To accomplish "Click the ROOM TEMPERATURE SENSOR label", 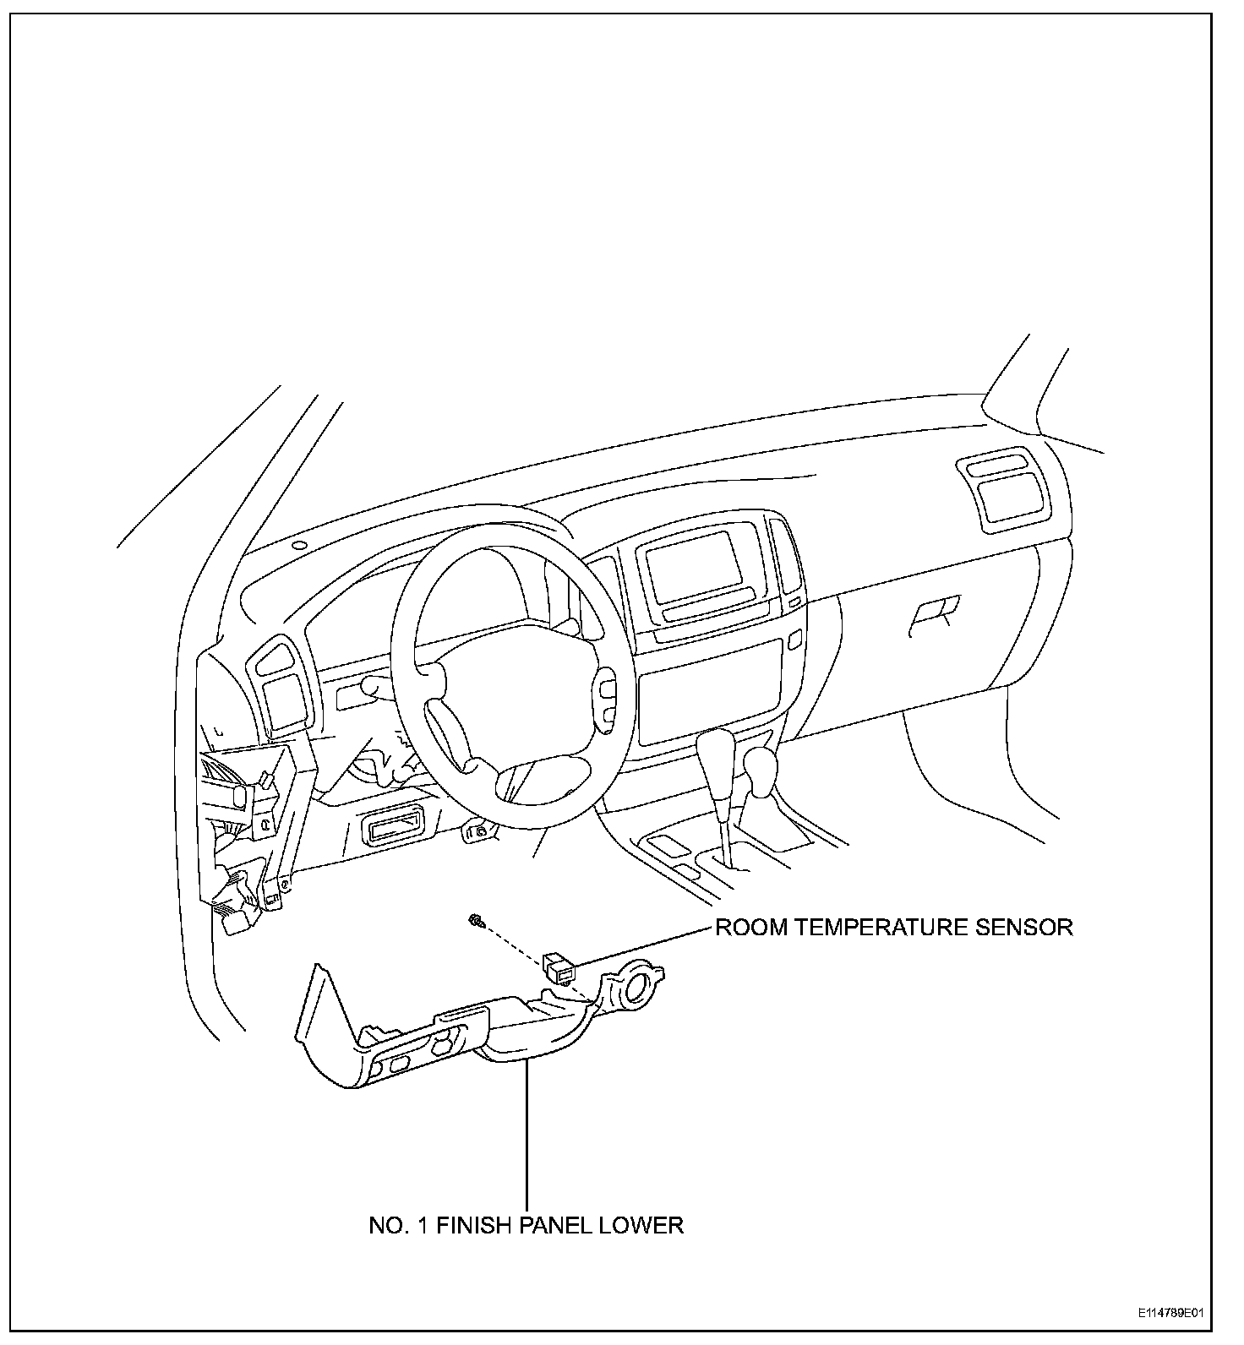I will click(893, 927).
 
